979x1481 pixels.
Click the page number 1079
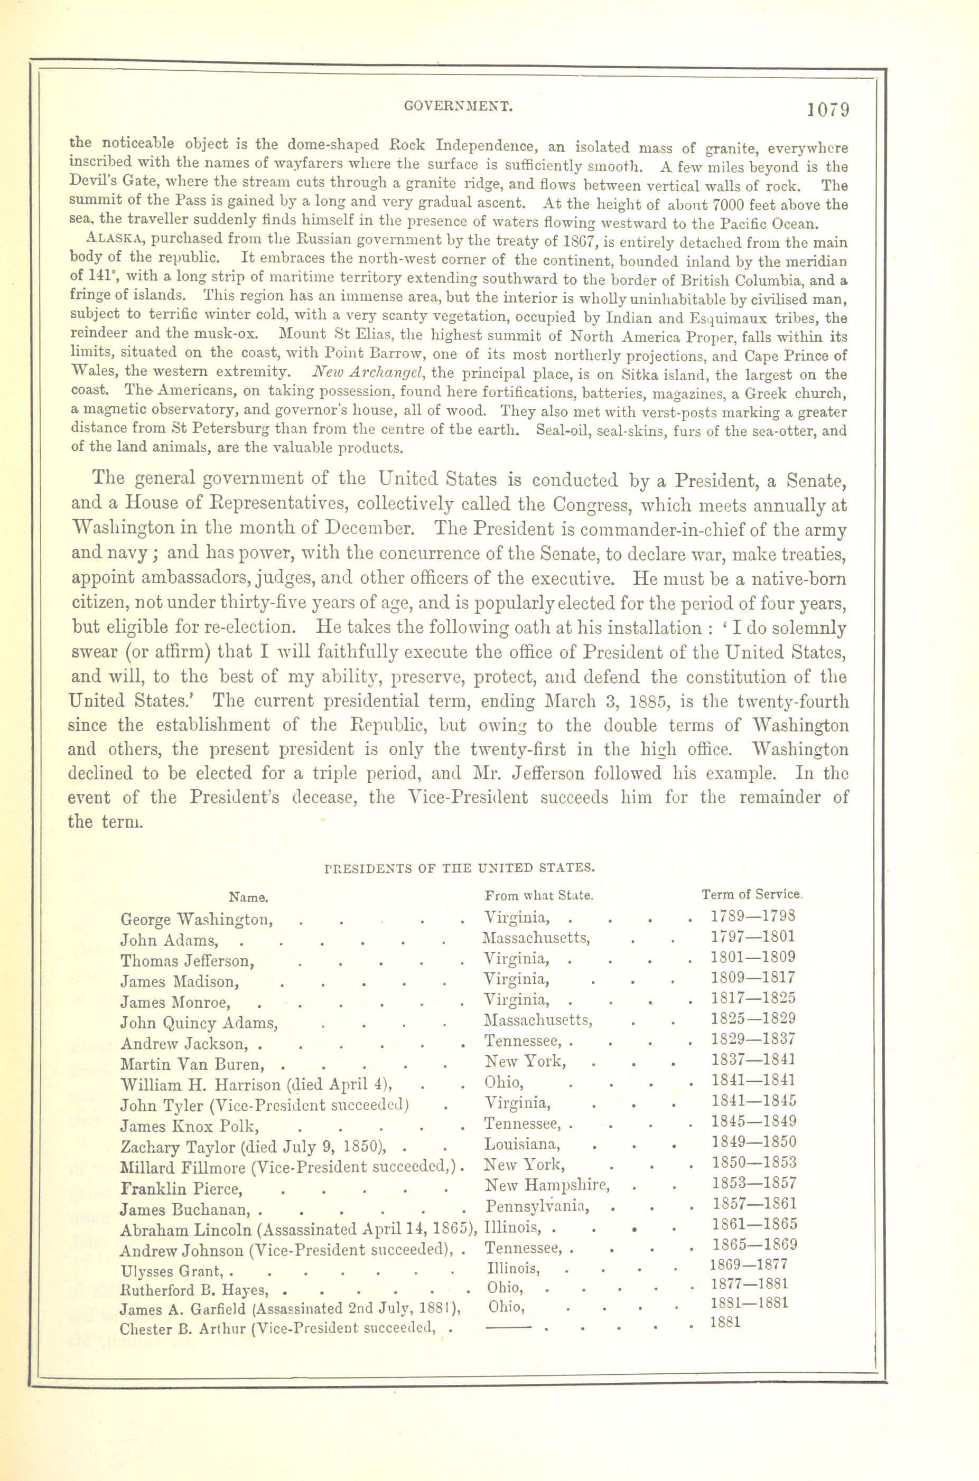(x=828, y=110)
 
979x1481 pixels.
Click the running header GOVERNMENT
(x=458, y=107)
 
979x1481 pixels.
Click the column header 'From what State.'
(x=539, y=896)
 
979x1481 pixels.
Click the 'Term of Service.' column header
(x=752, y=894)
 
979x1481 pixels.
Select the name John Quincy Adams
(x=199, y=1023)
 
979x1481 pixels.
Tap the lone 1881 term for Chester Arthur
(x=725, y=1322)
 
